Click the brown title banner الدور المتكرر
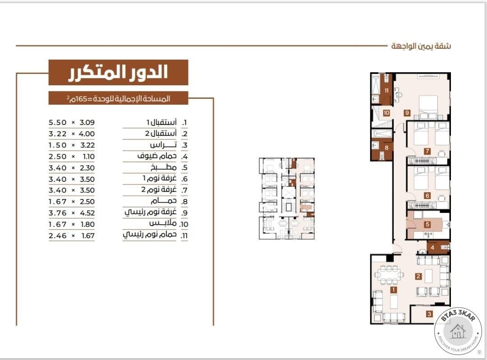pyautogui.click(x=118, y=72)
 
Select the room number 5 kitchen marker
pyautogui.click(x=427, y=224)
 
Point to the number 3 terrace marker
pyautogui.click(x=429, y=314)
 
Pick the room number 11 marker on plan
pyautogui.click(x=386, y=90)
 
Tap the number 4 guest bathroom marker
pyautogui.click(x=432, y=247)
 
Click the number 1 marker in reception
pyautogui.click(x=394, y=290)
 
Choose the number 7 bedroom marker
pyautogui.click(x=427, y=151)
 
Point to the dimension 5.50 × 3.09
pyautogui.click(x=72, y=122)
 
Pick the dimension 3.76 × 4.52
pyautogui.click(x=72, y=213)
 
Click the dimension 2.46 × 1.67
pyautogui.click(x=72, y=235)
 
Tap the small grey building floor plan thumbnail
pyautogui.click(x=287, y=198)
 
